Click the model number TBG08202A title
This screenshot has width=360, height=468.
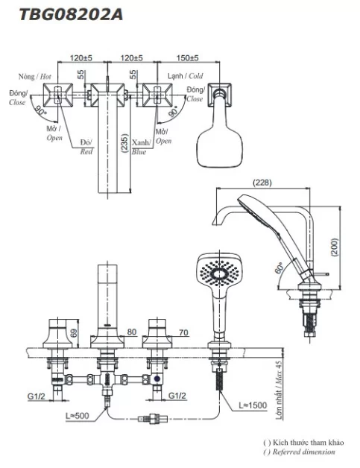71,15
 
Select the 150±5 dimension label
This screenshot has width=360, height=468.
187,58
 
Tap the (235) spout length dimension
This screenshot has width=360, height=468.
125,143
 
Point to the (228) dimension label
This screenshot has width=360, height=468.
262,183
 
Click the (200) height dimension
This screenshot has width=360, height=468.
335,247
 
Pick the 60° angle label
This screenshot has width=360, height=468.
280,268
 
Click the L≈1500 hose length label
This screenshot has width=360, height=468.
253,405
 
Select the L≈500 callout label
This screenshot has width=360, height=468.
78,416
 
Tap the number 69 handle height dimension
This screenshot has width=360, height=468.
74,332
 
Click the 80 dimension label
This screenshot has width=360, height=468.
132,332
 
